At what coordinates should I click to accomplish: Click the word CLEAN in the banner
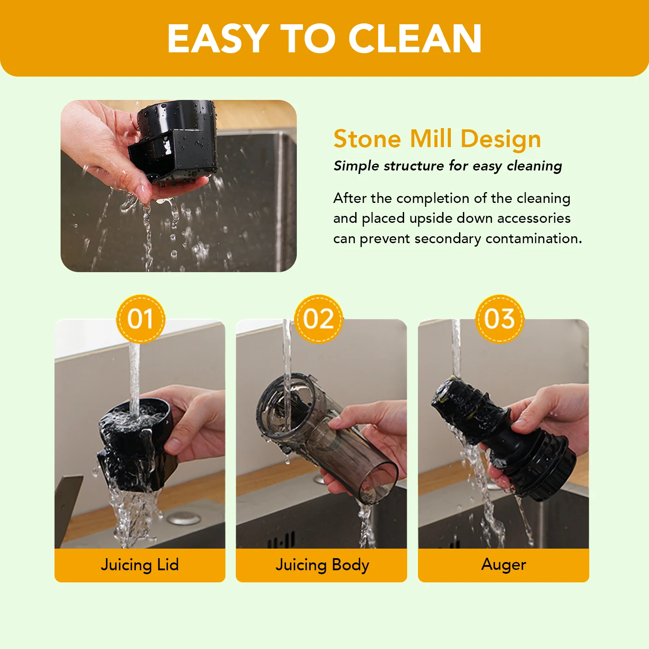pyautogui.click(x=415, y=39)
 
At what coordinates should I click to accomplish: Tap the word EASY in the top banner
pyautogui.click(x=218, y=39)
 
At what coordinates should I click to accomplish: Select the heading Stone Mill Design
pyautogui.click(x=437, y=139)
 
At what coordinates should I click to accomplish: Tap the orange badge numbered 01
pyautogui.click(x=141, y=319)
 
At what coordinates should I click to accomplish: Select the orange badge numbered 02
pyautogui.click(x=318, y=319)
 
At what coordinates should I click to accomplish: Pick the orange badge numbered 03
pyautogui.click(x=500, y=319)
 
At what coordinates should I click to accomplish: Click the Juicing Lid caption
pyautogui.click(x=140, y=565)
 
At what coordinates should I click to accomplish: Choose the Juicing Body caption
pyautogui.click(x=322, y=565)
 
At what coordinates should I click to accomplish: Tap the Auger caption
pyautogui.click(x=504, y=565)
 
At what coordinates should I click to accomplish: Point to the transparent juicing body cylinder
pyautogui.click(x=324, y=437)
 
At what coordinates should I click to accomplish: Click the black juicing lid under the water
pyautogui.click(x=134, y=446)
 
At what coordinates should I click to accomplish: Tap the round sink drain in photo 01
pyautogui.click(x=184, y=518)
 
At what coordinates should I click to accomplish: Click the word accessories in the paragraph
pyautogui.click(x=535, y=218)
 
